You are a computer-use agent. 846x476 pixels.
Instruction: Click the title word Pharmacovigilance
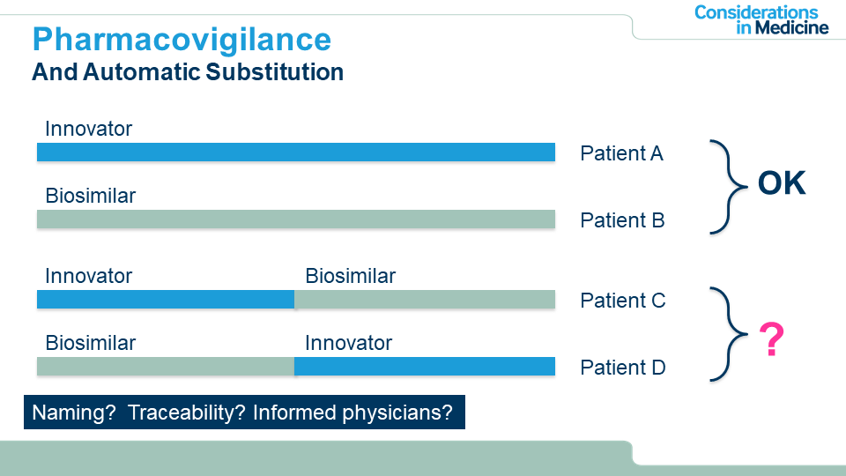[x=182, y=41]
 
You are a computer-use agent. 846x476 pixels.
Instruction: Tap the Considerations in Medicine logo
[x=761, y=20]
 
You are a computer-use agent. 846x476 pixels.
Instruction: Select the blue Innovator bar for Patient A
[x=296, y=152]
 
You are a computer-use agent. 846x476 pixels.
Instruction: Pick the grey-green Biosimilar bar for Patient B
[x=296, y=219]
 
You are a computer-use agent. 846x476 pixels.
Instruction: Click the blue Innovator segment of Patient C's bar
[x=166, y=300]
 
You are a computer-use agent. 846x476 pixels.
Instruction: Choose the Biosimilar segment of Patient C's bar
[x=425, y=300]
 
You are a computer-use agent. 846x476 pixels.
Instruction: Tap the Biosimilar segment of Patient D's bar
[x=166, y=367]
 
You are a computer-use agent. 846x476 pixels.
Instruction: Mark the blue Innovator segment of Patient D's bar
[x=425, y=367]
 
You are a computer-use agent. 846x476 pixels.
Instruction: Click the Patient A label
[x=621, y=153]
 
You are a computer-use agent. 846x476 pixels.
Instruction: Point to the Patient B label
[x=622, y=220]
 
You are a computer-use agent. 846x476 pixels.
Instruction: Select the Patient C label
[x=623, y=301]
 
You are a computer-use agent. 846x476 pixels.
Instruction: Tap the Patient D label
[x=623, y=368]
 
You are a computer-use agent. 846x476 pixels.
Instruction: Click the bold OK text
[x=782, y=183]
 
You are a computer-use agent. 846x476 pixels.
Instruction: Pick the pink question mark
[x=772, y=339]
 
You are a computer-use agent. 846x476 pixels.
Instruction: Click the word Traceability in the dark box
[x=187, y=413]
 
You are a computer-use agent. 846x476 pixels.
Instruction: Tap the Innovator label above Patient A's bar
[x=88, y=129]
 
